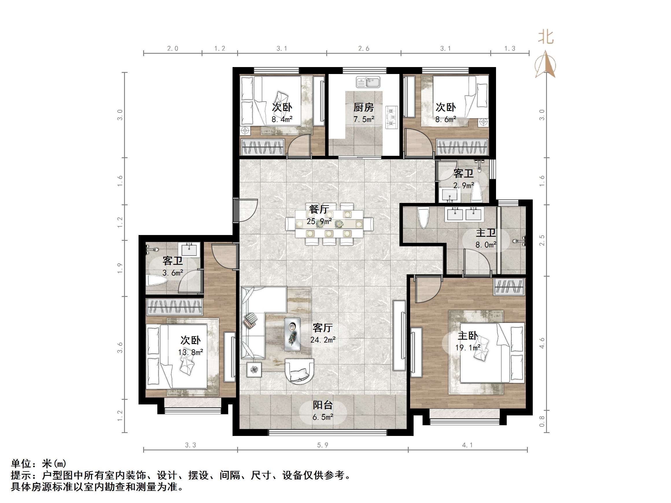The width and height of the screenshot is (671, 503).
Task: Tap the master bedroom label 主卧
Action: pyautogui.click(x=467, y=336)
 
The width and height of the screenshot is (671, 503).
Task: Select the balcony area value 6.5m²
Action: pyautogui.click(x=323, y=417)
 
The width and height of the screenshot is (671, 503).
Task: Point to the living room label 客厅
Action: pyautogui.click(x=322, y=328)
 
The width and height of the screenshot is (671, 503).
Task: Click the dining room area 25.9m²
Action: pyautogui.click(x=319, y=222)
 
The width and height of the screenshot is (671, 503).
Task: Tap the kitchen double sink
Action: pyautogui.click(x=368, y=82)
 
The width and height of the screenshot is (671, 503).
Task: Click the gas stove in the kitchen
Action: pyautogui.click(x=392, y=117)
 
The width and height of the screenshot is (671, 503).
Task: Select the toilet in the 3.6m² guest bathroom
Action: pyautogui.click(x=157, y=280)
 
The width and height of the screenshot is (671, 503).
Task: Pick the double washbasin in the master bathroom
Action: pyautogui.click(x=463, y=214)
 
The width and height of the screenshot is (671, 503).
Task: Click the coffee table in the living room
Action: pyautogui.click(x=292, y=334)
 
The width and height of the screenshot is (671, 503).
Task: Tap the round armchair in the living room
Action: pyautogui.click(x=299, y=371)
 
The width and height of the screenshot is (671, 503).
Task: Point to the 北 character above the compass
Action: pyautogui.click(x=546, y=37)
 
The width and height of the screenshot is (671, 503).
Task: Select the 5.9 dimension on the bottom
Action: pyautogui.click(x=323, y=445)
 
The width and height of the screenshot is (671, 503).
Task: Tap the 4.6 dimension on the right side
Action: pyautogui.click(x=542, y=343)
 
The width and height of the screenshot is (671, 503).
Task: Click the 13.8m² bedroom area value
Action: pyautogui.click(x=191, y=352)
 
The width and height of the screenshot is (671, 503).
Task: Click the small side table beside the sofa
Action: pyautogui.click(x=254, y=370)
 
